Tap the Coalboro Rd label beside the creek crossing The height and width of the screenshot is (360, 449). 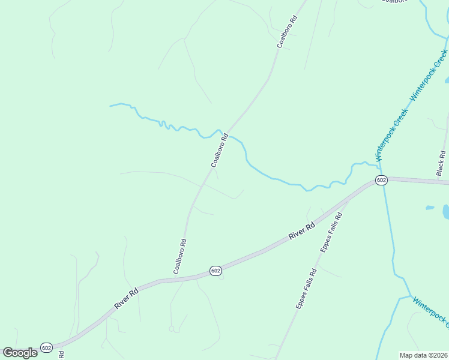pos(220,151)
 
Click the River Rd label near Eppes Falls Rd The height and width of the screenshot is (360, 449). pos(302,232)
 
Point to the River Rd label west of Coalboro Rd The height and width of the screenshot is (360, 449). pos(127,299)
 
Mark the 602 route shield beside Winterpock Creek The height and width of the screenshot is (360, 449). pos(381,181)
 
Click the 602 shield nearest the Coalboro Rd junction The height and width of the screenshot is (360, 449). pos(216,271)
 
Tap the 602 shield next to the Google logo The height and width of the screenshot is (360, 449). pos(47,347)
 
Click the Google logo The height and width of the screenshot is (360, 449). pos(20,353)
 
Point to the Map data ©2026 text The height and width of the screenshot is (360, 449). pos(423,355)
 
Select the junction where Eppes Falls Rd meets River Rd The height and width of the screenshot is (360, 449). pos(349,200)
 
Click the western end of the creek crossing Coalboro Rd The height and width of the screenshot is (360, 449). pos(111,106)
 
